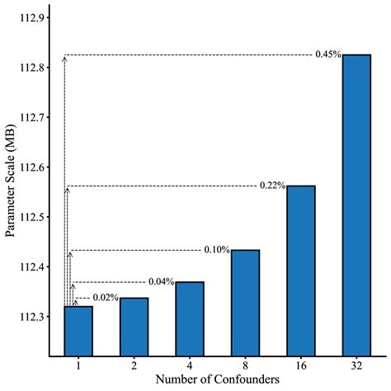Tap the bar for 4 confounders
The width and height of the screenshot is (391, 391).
[x=190, y=318]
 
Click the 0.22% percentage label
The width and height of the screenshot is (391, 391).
[x=271, y=186]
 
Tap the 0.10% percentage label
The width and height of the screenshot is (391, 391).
[x=216, y=250]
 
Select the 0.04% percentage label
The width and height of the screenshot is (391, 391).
[x=161, y=282]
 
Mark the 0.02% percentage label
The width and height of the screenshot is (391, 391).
[x=106, y=297]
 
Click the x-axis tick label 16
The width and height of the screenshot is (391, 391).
[x=301, y=364]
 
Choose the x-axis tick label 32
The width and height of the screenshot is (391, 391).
[x=356, y=364]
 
